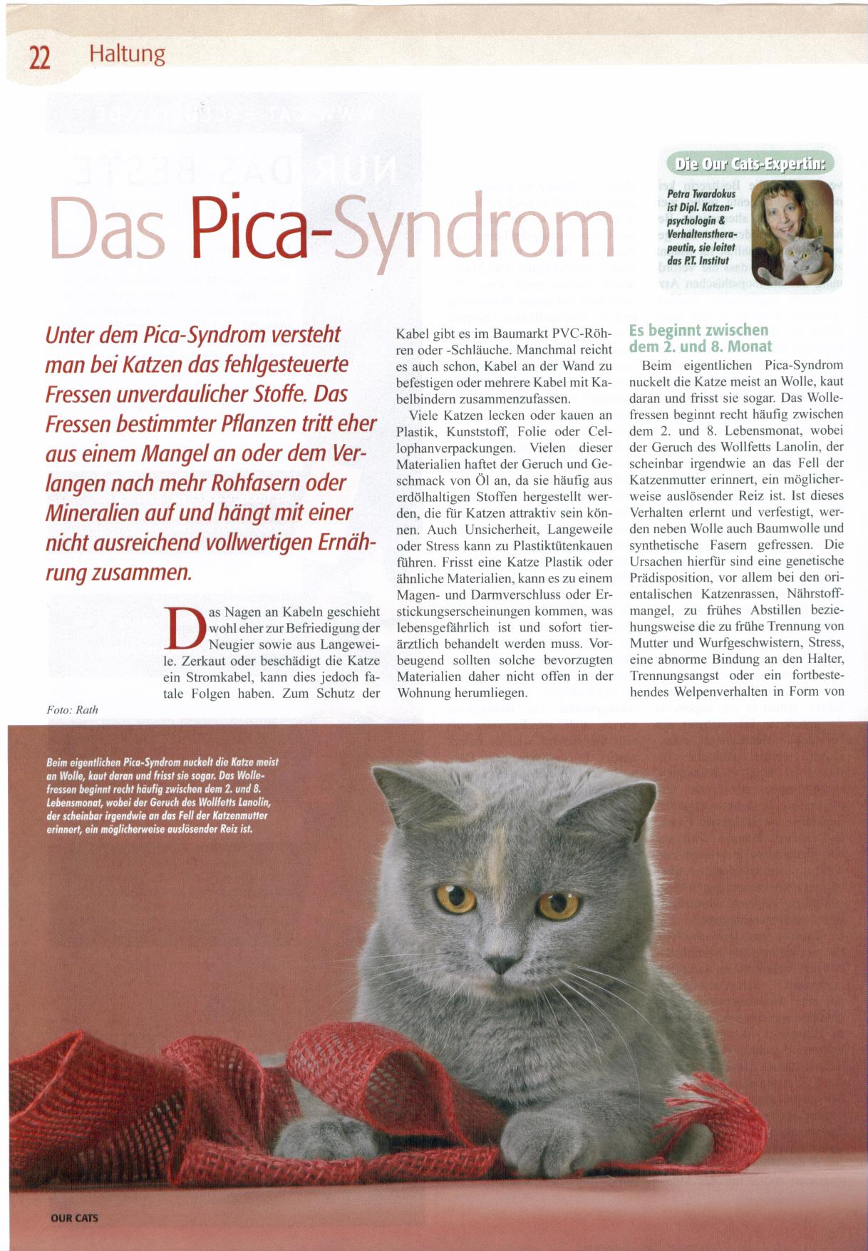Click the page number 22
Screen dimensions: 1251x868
[x=39, y=56]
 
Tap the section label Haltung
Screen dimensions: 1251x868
[x=126, y=53]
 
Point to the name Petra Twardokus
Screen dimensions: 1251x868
[x=701, y=194]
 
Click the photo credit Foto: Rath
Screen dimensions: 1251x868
[x=72, y=709]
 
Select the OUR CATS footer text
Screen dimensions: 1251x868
[x=74, y=1218]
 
